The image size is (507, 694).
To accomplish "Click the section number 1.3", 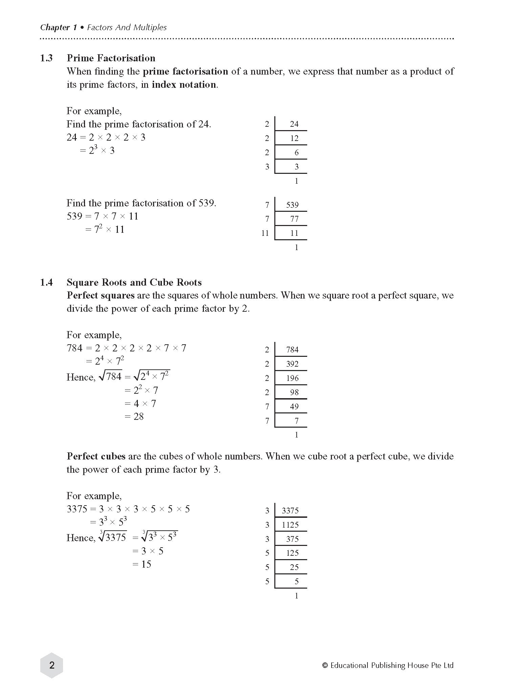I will (46, 58).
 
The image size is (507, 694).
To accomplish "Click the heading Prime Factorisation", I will (111, 58).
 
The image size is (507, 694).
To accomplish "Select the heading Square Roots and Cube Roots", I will (134, 282).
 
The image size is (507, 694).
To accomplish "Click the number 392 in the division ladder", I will (292, 364).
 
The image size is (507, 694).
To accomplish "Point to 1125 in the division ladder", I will (290, 525).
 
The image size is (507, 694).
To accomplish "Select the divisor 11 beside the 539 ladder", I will (265, 233).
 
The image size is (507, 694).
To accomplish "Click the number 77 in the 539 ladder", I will (294, 219).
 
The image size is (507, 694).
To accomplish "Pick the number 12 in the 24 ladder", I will (294, 138).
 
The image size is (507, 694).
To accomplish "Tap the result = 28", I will (134, 416).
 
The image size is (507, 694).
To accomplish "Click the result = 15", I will (142, 564).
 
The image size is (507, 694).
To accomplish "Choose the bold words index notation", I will (184, 85).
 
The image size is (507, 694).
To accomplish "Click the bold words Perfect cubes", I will (96, 456).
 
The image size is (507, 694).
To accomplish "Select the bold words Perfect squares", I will (101, 295).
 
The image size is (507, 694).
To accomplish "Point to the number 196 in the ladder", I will (292, 378).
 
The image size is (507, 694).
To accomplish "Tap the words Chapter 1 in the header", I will (58, 27).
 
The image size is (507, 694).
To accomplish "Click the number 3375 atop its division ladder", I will (290, 511).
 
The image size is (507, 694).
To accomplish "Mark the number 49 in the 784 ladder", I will (294, 407).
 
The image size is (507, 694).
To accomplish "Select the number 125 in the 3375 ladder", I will (292, 553).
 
